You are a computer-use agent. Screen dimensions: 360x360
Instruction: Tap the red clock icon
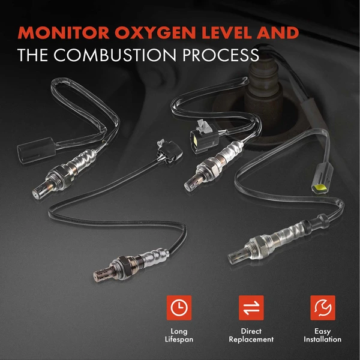point(178,307)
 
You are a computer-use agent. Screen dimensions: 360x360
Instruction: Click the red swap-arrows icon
point(251,307)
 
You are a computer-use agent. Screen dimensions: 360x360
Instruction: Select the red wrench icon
point(323,307)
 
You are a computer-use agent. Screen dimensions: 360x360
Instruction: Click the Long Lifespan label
point(178,335)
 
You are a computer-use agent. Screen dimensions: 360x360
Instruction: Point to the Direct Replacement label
point(251,335)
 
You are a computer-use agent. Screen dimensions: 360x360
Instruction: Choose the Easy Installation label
point(323,335)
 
